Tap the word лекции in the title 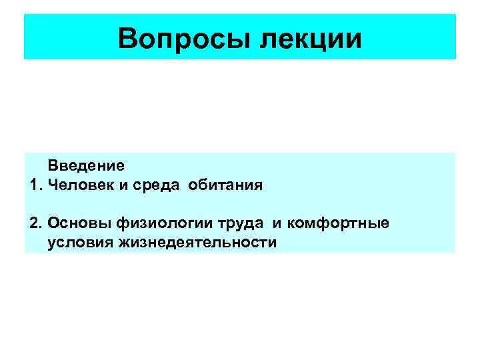(x=311, y=38)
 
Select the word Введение (x=85, y=165)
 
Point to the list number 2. (x=36, y=222)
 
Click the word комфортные (x=299, y=222)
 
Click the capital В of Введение (x=52, y=165)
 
